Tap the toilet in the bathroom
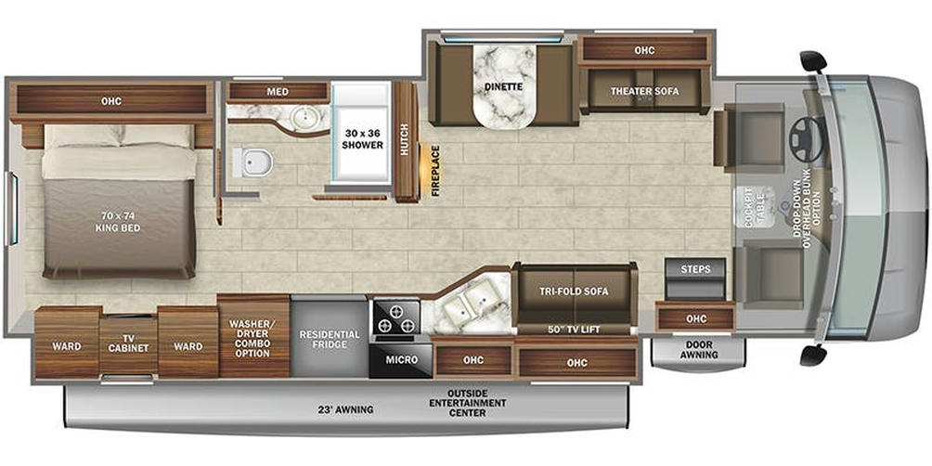point(252,162)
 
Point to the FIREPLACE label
point(435,171)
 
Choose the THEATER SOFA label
point(644,91)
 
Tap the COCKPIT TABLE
point(755,207)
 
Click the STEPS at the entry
point(695,278)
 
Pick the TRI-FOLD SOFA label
point(575,291)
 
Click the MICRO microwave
point(401,359)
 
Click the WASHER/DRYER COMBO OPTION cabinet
point(253,337)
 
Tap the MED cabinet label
point(278,92)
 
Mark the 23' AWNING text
point(344,409)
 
